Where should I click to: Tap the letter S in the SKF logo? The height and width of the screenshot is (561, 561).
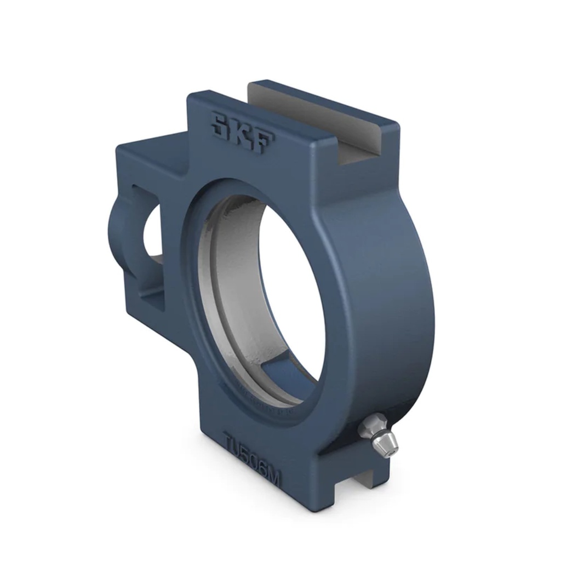pyautogui.click(x=222, y=125)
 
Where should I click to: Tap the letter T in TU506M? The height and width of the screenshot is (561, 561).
pyautogui.click(x=230, y=440)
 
